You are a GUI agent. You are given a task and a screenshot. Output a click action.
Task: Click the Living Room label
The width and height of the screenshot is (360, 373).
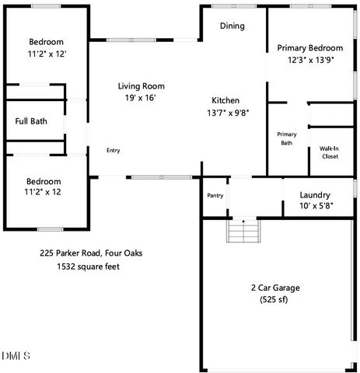(x=142, y=86)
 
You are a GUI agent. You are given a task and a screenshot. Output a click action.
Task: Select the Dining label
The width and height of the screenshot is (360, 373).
(x=232, y=26)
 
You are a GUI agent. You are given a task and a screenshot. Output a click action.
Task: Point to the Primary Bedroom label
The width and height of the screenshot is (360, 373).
(x=310, y=47)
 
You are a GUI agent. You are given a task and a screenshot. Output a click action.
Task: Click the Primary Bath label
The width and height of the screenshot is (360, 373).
(x=286, y=138)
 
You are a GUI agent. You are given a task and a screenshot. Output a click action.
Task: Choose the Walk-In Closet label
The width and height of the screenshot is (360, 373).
(x=329, y=152)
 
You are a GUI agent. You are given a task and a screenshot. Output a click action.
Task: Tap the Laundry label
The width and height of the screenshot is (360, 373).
(x=315, y=195)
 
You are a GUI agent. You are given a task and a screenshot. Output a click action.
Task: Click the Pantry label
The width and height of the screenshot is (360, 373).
(x=215, y=195)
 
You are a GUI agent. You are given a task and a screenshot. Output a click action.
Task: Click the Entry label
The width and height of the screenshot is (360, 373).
(x=114, y=150)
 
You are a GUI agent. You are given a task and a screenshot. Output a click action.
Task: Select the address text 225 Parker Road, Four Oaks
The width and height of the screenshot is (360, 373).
(x=91, y=253)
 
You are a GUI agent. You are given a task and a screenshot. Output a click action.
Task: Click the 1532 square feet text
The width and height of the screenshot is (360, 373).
(x=88, y=267)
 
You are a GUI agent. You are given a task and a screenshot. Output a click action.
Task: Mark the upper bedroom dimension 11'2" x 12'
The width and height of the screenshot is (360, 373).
(x=46, y=54)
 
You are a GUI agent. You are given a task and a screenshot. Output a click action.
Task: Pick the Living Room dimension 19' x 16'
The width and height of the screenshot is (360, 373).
(x=142, y=99)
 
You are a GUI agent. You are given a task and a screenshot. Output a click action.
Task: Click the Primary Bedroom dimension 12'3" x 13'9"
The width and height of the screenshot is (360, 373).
(x=310, y=60)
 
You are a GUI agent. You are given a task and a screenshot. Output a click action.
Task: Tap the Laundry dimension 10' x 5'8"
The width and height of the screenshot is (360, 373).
(x=315, y=207)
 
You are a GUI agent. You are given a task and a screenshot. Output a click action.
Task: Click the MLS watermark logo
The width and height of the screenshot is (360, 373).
(x=16, y=357)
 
